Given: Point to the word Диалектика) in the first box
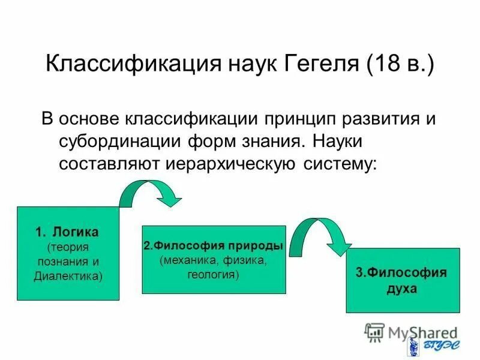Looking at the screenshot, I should tap(68, 276).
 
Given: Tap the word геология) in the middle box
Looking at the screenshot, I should tap(213, 275).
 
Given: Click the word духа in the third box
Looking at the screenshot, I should tap(402, 288).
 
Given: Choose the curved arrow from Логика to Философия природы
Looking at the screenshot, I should tap(150, 193).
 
